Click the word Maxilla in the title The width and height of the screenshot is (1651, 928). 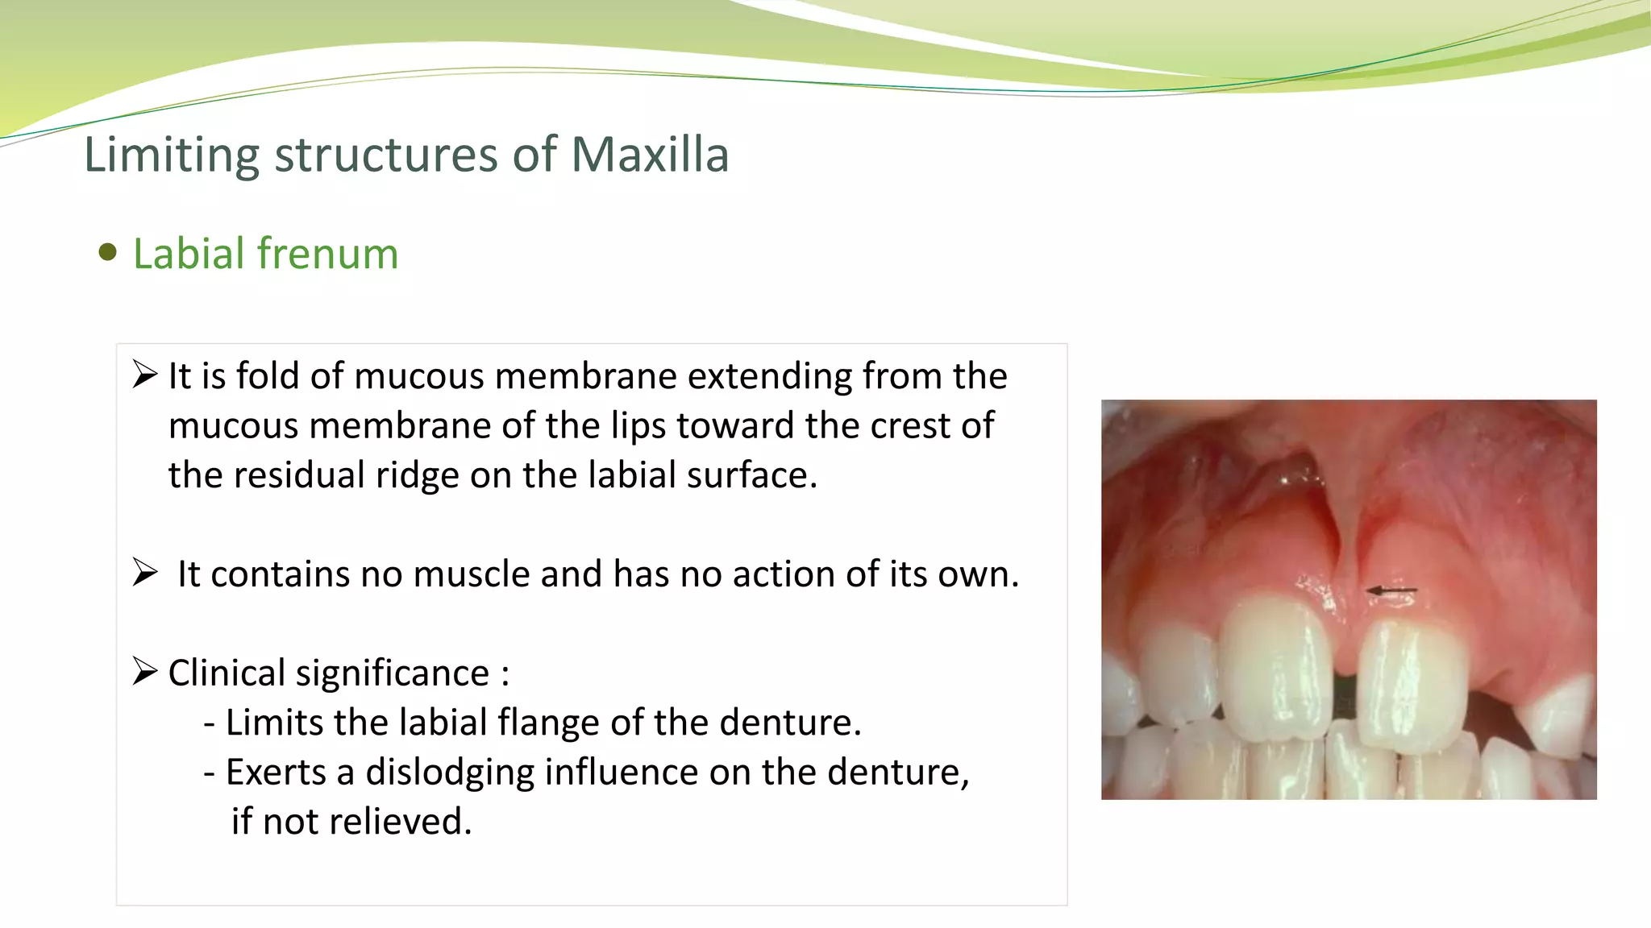tap(650, 155)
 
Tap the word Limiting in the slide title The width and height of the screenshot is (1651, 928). tap(172, 155)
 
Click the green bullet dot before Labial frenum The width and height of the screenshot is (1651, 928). tap(107, 253)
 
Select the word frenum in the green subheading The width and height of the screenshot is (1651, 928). tap(328, 254)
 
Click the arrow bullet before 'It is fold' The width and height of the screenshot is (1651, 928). tap(145, 375)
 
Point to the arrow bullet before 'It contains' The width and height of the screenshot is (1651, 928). tap(145, 573)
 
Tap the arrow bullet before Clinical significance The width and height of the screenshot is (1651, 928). tap(145, 671)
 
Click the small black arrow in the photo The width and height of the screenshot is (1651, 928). tap(1392, 592)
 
